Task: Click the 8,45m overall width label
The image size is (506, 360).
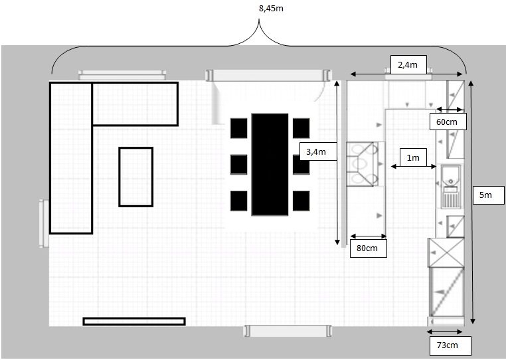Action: [x=271, y=9]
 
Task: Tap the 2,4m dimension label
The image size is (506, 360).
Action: [x=408, y=64]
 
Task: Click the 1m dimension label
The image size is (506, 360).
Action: [x=413, y=157]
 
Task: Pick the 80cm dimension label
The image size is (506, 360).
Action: [x=368, y=248]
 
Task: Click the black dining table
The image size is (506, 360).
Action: [x=270, y=164]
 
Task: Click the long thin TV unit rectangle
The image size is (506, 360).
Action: [x=134, y=321]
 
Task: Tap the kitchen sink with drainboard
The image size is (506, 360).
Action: [x=450, y=187]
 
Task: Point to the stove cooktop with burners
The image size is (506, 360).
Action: [x=363, y=164]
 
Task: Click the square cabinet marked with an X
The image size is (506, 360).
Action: [x=446, y=253]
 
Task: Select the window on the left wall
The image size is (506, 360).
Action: [x=44, y=223]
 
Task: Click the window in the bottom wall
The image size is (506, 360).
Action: [x=288, y=331]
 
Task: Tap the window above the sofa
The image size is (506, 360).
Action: [x=122, y=75]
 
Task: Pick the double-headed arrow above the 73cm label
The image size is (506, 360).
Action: [x=445, y=331]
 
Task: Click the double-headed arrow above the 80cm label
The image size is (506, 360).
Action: [x=368, y=236]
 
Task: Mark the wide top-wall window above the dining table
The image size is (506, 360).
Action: [x=268, y=75]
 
